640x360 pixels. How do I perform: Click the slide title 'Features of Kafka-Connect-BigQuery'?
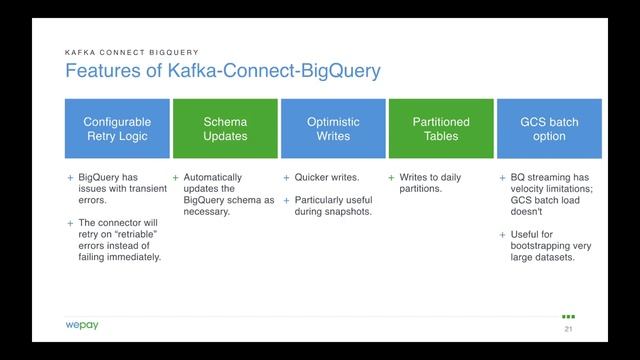[x=222, y=72]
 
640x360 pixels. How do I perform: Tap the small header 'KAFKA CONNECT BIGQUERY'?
[x=131, y=52]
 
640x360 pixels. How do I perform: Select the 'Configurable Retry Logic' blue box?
[x=117, y=129]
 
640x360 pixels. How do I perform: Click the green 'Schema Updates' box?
[x=225, y=129]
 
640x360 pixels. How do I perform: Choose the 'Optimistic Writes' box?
[x=333, y=129]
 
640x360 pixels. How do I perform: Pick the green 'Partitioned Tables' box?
[x=441, y=129]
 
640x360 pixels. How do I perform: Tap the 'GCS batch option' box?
[x=549, y=129]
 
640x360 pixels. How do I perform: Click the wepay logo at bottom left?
[x=82, y=326]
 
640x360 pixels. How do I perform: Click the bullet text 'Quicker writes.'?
[x=327, y=177]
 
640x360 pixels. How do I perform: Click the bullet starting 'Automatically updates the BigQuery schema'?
[x=228, y=194]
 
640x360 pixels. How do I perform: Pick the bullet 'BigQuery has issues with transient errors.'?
[x=115, y=188]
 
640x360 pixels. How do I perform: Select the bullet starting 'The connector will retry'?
[x=119, y=240]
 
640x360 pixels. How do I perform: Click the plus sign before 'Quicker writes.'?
[x=286, y=177]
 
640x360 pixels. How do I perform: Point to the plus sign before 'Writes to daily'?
[x=392, y=177]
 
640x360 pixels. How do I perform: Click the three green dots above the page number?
[x=568, y=316]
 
